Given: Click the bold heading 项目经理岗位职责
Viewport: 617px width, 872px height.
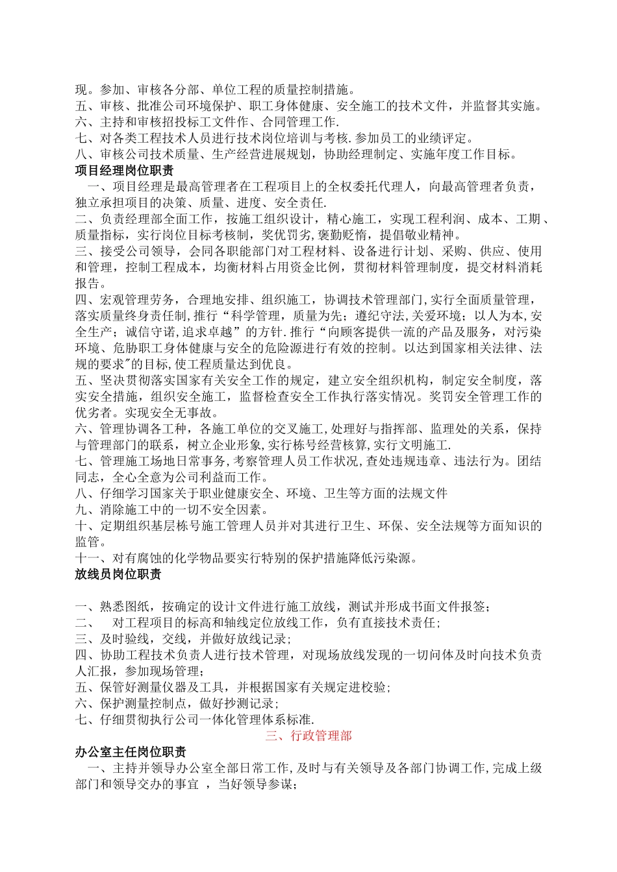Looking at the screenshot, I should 124,171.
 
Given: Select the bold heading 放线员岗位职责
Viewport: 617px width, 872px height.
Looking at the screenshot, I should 118,574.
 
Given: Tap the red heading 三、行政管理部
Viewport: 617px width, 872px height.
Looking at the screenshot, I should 308,736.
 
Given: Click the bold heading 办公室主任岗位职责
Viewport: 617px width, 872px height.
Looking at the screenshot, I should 131,752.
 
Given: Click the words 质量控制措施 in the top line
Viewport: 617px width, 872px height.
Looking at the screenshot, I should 313,90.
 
